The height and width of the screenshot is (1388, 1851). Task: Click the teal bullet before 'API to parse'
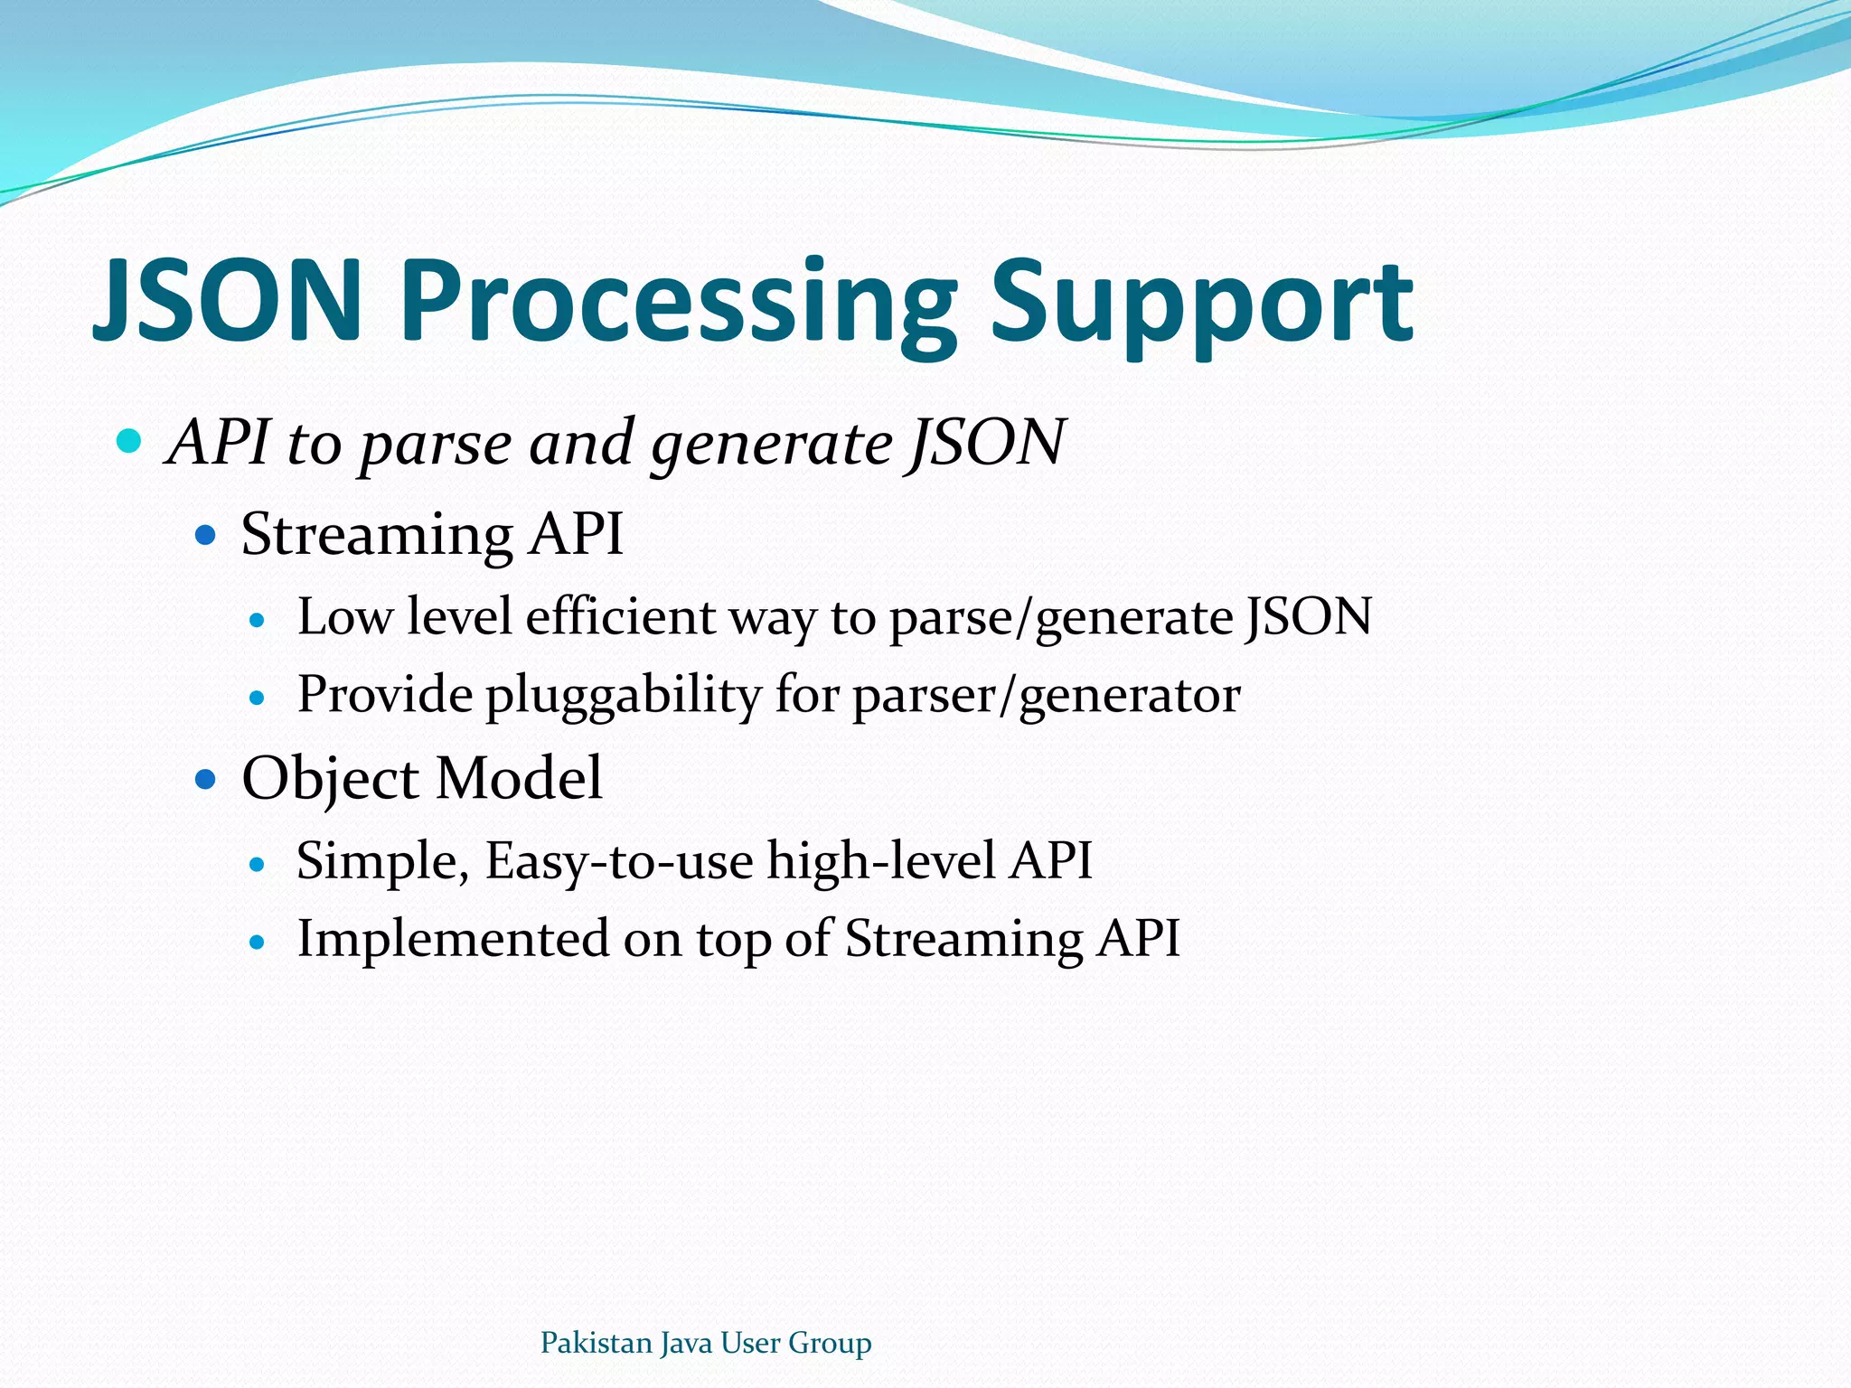[x=130, y=442]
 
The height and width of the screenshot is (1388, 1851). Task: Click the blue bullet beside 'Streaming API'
[x=207, y=536]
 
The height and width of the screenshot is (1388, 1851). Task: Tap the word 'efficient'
[x=620, y=617]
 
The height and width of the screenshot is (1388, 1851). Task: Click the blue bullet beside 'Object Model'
[x=207, y=778]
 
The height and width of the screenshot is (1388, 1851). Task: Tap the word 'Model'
[x=519, y=778]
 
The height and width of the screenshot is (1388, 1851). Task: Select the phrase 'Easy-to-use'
[x=619, y=861]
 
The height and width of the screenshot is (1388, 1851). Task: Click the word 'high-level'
[x=881, y=861]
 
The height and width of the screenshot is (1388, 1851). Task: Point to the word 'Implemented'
[x=453, y=939]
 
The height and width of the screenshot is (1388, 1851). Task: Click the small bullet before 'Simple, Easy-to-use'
[x=258, y=865]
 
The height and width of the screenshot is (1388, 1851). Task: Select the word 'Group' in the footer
[x=830, y=1344]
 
